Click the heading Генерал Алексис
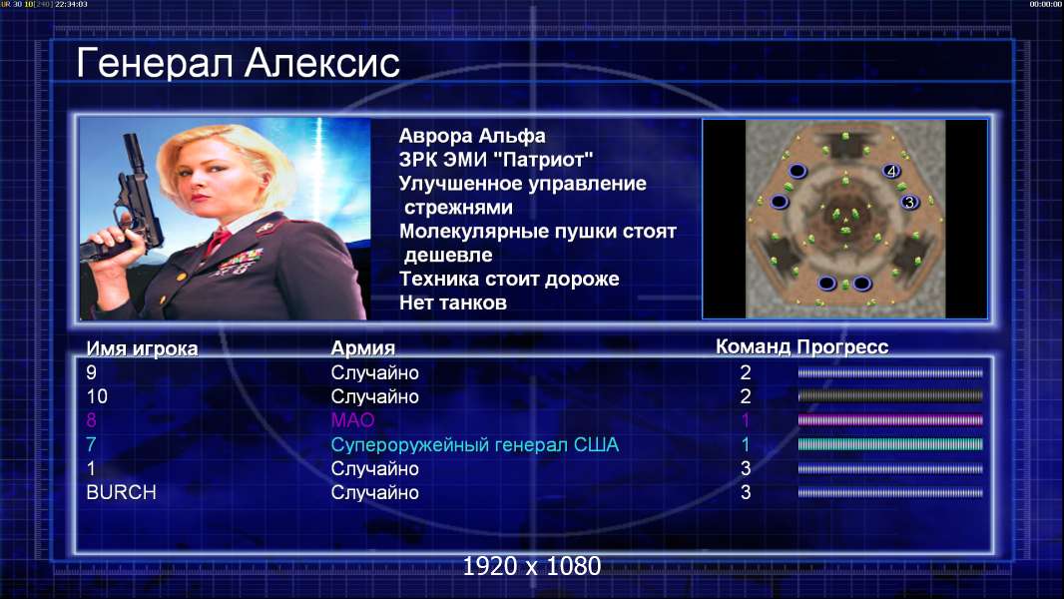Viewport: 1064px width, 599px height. coord(239,63)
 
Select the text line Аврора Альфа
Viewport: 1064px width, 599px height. coord(472,136)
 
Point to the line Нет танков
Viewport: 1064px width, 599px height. coord(452,302)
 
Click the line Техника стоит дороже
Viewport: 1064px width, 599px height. coord(509,279)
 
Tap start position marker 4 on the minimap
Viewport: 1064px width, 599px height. coord(891,171)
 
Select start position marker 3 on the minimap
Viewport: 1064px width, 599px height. coord(909,202)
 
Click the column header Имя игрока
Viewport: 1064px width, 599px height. coord(142,348)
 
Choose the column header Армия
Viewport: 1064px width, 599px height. coord(362,348)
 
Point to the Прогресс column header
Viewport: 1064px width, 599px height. coord(842,347)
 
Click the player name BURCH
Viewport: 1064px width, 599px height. coord(121,492)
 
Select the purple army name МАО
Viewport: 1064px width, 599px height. coord(353,420)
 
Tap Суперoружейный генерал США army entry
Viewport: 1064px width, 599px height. coord(475,445)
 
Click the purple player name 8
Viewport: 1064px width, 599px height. coord(92,420)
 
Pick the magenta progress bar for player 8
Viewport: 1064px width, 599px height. coord(890,420)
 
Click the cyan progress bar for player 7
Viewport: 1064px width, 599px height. coord(890,444)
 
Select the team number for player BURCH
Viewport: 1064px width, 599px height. coord(745,492)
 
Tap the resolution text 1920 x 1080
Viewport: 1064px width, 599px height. coord(532,566)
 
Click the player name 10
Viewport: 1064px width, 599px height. coord(97,396)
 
